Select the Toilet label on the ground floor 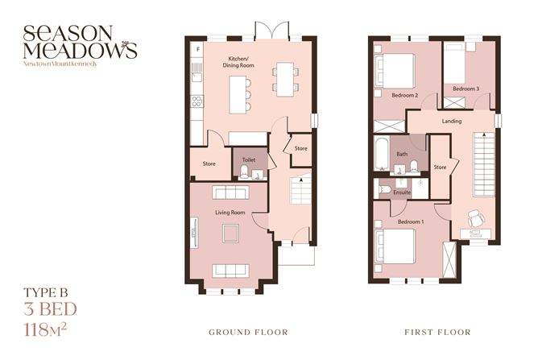pos(249,160)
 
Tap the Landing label pos(452,122)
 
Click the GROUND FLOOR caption pos(247,332)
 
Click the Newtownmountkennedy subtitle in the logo pos(61,63)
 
